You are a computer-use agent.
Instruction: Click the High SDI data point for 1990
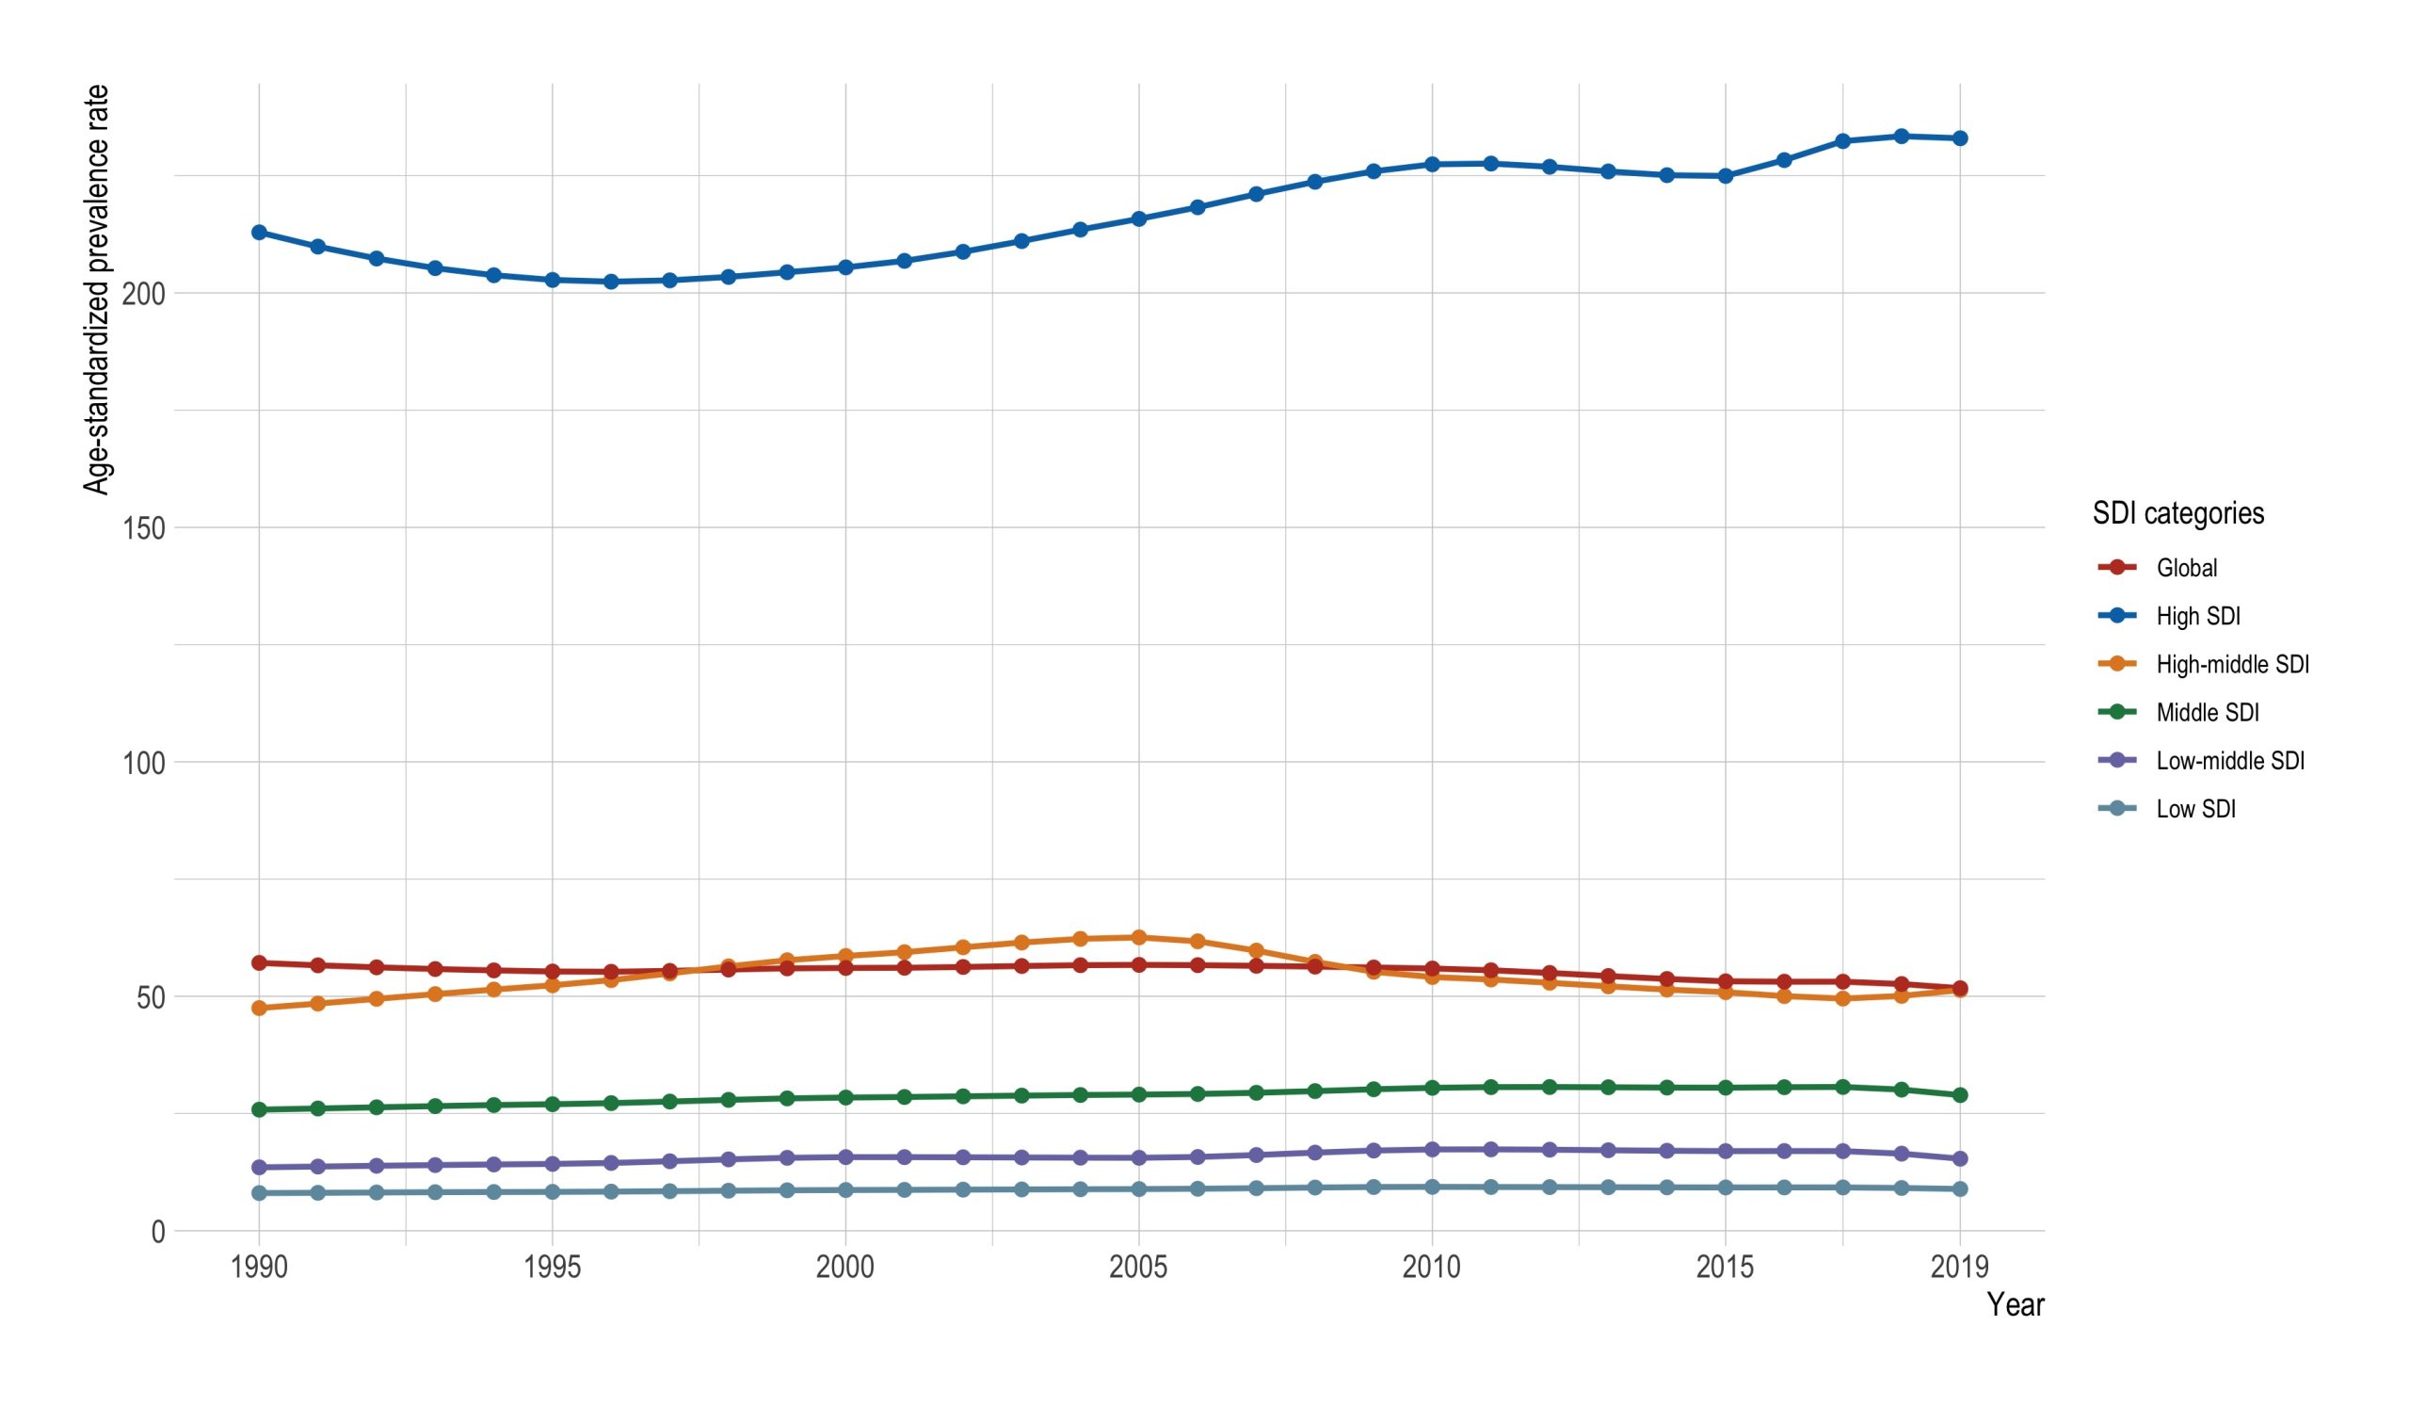(259, 233)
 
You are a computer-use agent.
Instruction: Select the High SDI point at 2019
(1960, 138)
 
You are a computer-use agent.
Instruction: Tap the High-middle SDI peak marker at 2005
(1138, 937)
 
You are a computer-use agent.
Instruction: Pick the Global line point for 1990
(259, 962)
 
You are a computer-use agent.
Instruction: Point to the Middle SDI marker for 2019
(1960, 1095)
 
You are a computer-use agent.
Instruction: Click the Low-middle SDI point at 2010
(1432, 1150)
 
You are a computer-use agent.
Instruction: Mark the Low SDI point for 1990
(259, 1194)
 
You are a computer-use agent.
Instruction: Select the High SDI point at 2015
(1726, 176)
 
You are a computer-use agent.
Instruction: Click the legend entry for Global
(2186, 568)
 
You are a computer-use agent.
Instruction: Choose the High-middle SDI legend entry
(2232, 665)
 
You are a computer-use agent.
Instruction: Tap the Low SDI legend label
(2195, 809)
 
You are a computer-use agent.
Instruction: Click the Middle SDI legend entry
(2208, 713)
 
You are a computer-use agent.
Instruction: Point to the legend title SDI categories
(2177, 513)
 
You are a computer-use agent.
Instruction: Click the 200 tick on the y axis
(144, 294)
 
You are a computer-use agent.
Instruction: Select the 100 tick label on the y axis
(144, 763)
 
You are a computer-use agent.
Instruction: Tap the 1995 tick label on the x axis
(552, 1269)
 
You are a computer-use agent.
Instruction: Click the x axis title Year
(2015, 1304)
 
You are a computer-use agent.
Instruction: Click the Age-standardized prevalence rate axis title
(97, 290)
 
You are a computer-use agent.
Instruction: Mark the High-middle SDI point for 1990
(259, 1008)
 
